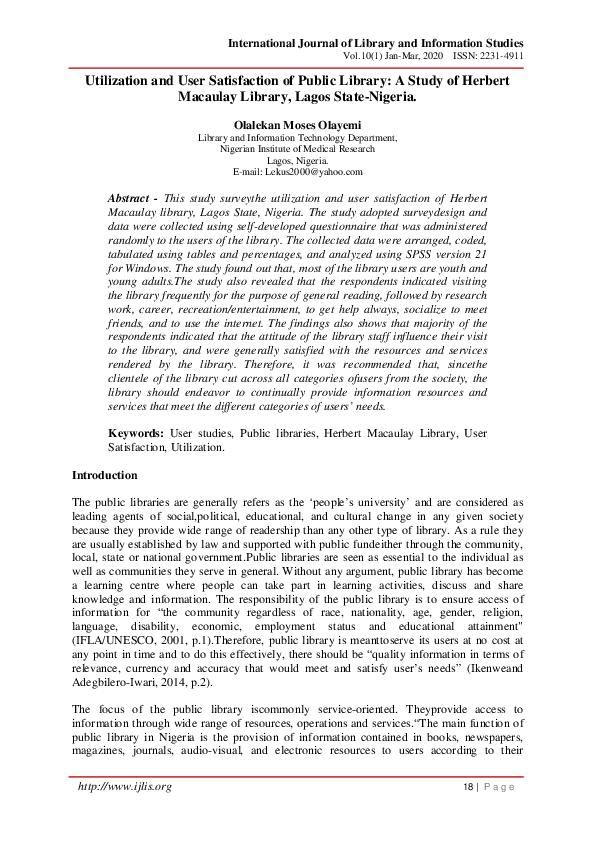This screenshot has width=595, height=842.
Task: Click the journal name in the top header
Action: point(375,43)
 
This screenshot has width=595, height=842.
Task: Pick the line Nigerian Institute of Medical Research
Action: point(297,148)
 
